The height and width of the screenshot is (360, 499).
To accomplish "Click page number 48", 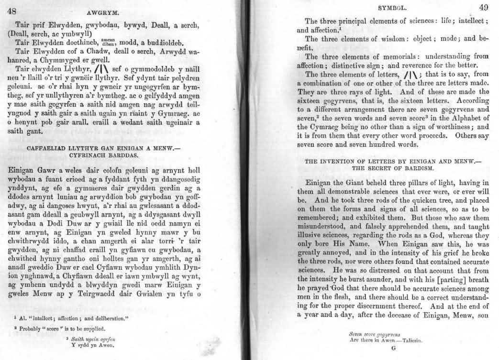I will (x=11, y=11).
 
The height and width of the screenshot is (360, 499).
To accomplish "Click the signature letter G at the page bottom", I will (x=394, y=349).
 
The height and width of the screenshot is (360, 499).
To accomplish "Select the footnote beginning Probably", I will (x=57, y=328).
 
